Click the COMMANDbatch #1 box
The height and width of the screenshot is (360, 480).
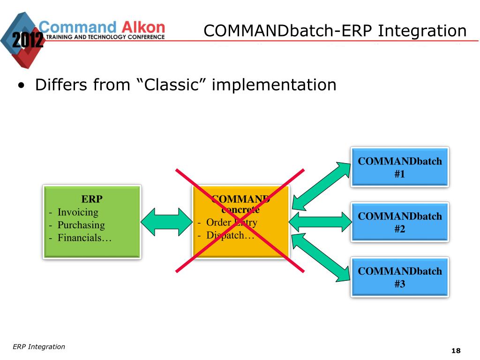tap(400, 167)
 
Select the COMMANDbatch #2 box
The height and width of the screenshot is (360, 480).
tap(400, 222)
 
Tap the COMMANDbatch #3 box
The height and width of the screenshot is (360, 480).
tap(400, 277)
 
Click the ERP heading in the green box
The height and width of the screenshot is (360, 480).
tap(92, 199)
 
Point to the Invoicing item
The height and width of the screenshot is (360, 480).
tap(78, 212)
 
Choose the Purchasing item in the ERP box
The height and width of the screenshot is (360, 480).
tap(81, 225)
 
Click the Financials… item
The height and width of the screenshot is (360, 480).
tap(85, 238)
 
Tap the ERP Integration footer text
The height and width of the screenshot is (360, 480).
tap(39, 347)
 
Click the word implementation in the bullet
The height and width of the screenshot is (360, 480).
tap(274, 85)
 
